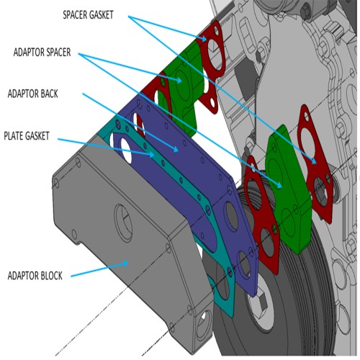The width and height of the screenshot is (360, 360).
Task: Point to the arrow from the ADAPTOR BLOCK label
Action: (101, 267)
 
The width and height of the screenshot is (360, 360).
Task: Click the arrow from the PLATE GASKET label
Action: (108, 144)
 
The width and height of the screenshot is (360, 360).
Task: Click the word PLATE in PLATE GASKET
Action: (17, 135)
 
